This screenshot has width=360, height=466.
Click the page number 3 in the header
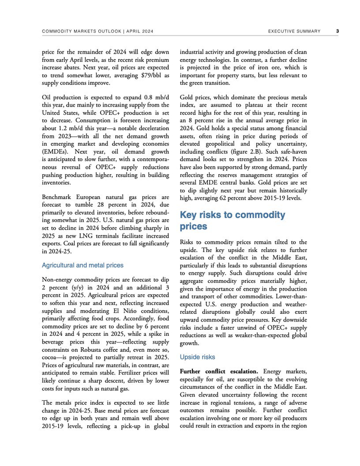coord(337,31)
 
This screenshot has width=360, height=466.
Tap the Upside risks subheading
coord(197,356)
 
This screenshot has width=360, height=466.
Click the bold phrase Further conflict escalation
coord(219,371)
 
